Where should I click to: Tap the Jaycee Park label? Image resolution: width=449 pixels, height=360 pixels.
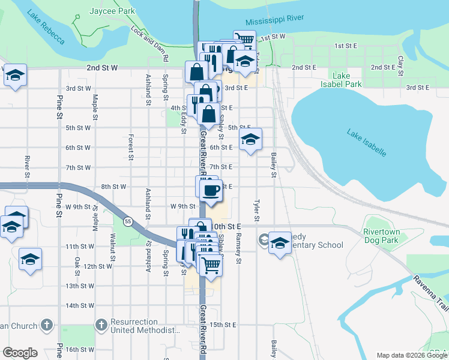[x=110, y=11]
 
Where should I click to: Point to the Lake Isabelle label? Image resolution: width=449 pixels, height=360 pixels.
[x=366, y=142]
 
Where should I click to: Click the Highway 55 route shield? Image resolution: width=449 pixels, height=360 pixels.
[x=127, y=221]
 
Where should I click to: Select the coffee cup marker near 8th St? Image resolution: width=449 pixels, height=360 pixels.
[x=210, y=191]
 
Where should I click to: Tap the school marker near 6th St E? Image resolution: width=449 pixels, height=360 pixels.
[x=250, y=140]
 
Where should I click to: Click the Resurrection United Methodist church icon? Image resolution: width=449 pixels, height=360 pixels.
[x=100, y=325]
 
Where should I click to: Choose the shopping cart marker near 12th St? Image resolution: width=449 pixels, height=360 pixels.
[x=211, y=264]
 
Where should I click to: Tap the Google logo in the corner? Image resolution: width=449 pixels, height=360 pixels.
[x=20, y=353]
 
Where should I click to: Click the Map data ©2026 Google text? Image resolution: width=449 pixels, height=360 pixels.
[x=411, y=355]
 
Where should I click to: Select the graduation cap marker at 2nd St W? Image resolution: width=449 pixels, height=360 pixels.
[x=16, y=76]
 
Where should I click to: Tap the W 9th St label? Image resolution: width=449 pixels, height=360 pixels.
[x=183, y=206]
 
